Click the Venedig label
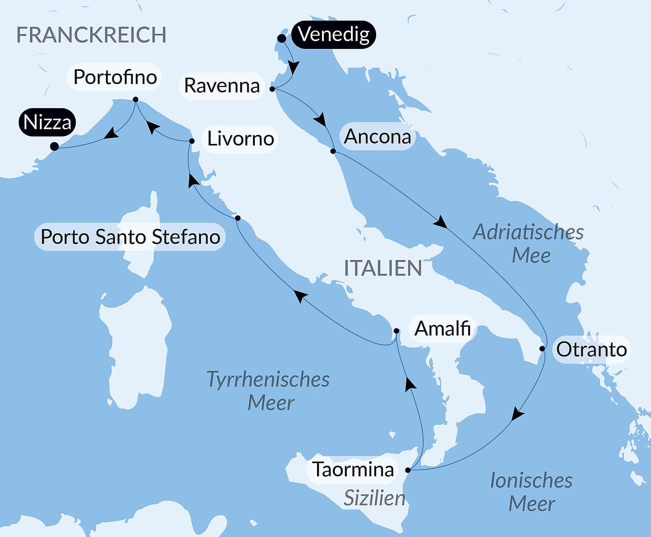(334, 35)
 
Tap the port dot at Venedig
(282, 38)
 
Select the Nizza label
(47, 122)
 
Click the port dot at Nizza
(54, 146)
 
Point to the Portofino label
(115, 77)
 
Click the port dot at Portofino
(136, 99)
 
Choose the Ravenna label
(222, 86)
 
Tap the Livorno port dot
(191, 141)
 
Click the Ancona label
(377, 136)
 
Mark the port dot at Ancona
(333, 151)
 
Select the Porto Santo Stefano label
(130, 237)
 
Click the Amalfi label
(443, 329)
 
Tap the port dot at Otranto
(542, 349)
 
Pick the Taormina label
(353, 470)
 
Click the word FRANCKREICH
(91, 35)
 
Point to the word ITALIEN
(383, 268)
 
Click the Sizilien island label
(374, 498)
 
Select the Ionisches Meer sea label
(531, 492)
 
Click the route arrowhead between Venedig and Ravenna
(293, 67)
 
